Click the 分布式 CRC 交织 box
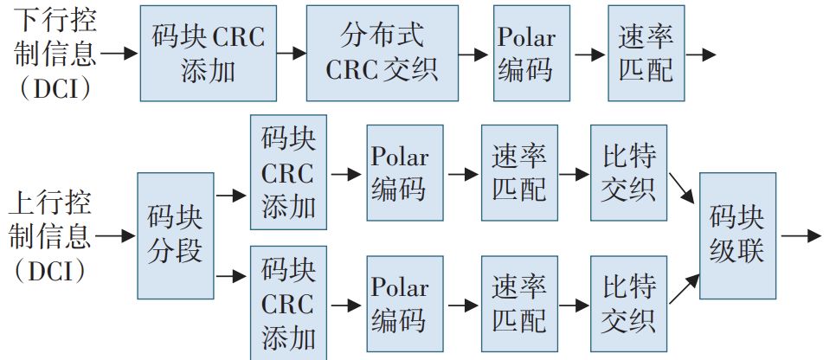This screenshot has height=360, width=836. [381, 53]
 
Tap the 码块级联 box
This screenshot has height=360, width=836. [737, 235]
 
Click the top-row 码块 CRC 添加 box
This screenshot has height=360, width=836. [209, 53]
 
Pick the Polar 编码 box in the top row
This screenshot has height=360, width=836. [526, 53]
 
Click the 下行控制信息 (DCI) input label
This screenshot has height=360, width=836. [48, 53]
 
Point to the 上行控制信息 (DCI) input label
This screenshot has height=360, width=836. [48, 235]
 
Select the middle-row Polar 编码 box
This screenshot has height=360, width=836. [404, 173]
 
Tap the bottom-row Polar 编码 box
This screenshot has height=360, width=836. [404, 305]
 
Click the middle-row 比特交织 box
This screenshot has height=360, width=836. [629, 173]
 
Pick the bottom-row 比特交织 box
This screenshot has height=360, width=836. [629, 305]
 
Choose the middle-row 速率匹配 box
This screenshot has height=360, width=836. [519, 173]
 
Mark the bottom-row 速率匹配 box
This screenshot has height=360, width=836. [519, 305]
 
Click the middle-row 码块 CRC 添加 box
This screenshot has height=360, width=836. [288, 173]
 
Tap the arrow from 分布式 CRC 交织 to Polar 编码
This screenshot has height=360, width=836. [472, 54]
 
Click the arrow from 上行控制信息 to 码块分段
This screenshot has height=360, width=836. [116, 235]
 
